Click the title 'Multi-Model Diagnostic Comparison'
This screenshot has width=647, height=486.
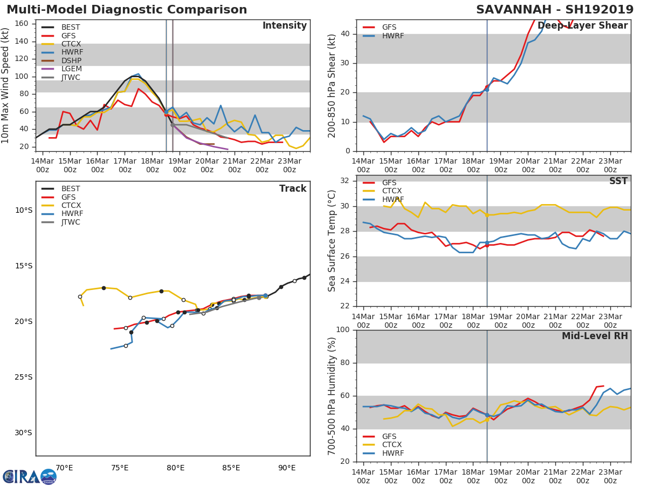127,10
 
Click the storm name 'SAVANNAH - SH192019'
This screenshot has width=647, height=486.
555,10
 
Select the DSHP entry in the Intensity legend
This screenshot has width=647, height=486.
71,60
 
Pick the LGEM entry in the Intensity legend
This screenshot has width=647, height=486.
71,69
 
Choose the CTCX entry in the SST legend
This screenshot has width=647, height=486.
392,191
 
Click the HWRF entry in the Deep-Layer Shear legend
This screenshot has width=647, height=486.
393,36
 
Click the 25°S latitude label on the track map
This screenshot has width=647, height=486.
23,377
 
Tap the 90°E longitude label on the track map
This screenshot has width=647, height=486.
286,468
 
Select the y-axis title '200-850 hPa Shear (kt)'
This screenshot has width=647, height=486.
333,85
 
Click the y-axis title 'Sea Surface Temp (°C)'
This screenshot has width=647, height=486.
333,240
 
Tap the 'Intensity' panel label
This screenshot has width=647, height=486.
284,26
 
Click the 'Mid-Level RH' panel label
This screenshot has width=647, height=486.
594,336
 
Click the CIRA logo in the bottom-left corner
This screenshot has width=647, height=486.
29,476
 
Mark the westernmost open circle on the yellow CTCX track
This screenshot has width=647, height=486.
80,296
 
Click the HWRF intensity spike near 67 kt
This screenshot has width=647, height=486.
221,105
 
